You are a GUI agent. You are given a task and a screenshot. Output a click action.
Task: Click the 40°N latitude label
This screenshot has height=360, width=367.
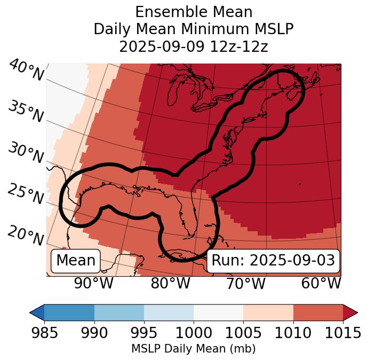coord(26,71)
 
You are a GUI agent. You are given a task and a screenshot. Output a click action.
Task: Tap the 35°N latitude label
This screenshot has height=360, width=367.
coord(26,112)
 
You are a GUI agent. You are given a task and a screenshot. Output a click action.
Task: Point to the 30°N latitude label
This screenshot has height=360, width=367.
coord(26,153)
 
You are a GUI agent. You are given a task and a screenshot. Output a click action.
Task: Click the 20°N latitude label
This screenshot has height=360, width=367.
coord(26,235)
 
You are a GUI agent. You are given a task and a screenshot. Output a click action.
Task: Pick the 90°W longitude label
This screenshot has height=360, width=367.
coord(93,283)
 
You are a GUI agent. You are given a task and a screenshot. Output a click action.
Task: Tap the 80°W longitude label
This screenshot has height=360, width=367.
coord(170,283)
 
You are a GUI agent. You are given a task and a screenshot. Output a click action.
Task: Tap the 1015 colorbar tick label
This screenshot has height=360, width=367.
coord(342,333)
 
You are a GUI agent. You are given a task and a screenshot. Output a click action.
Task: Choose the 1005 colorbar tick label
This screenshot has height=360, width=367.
coord(243,333)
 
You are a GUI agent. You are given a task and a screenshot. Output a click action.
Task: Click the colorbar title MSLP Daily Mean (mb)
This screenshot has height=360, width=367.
coord(193,349)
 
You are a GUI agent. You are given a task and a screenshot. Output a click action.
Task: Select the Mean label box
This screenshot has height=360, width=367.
coord(76,261)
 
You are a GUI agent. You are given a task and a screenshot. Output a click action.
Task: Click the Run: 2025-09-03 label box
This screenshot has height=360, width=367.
coord(273,261)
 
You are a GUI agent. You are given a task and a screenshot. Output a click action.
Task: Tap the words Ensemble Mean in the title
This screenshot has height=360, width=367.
coord(193,12)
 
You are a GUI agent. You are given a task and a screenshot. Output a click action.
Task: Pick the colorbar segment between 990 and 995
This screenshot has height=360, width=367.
coord(119,312)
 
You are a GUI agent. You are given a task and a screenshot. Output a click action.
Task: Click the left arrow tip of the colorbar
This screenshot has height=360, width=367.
coord(31,312)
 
